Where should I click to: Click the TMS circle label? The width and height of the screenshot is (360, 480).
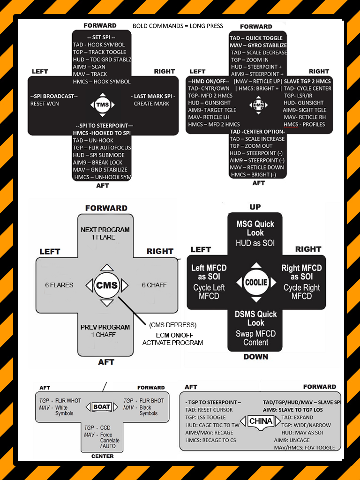(102, 105)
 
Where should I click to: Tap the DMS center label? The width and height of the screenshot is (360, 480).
(258, 105)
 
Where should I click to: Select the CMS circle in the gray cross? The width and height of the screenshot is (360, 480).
(106, 285)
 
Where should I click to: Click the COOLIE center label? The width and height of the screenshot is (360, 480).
(256, 282)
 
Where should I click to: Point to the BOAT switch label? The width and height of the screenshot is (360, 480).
(102, 407)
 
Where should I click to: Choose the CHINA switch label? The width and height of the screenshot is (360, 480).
(261, 421)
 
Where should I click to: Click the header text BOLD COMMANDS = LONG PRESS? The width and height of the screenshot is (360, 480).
(178, 25)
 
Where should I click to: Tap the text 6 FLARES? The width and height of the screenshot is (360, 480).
(59, 285)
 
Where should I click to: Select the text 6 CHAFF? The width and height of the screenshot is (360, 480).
(154, 285)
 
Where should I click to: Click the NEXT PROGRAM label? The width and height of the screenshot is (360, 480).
(105, 230)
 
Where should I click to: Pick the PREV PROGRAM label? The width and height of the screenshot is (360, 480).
(105, 327)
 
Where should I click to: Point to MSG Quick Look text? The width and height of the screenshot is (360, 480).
(255, 228)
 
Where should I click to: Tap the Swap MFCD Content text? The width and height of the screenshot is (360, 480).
(255, 338)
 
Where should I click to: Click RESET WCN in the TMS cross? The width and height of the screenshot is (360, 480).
(45, 104)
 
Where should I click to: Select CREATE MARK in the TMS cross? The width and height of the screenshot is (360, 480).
(151, 104)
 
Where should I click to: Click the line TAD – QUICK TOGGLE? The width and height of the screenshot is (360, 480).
(256, 38)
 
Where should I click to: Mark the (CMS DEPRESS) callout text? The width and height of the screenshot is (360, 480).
(172, 325)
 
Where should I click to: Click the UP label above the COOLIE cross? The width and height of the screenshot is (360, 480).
(255, 207)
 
